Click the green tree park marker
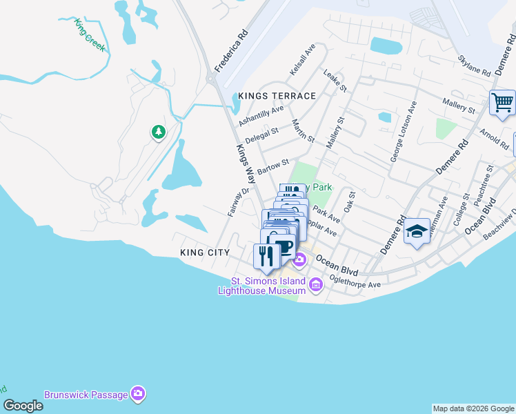(x=159, y=131)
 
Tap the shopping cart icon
(x=502, y=103)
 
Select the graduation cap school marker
(x=417, y=231)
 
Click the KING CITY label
(x=204, y=253)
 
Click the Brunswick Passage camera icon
(x=139, y=393)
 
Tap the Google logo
(x=23, y=406)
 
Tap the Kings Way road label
(x=246, y=164)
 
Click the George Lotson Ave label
(x=404, y=132)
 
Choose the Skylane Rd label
(x=473, y=60)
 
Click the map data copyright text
(x=473, y=408)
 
